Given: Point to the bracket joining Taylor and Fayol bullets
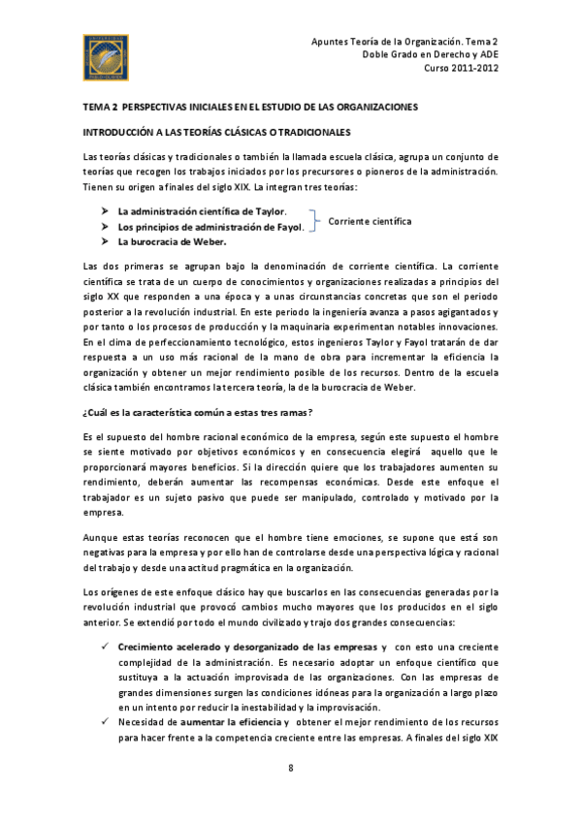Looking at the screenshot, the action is [x=314, y=219].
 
